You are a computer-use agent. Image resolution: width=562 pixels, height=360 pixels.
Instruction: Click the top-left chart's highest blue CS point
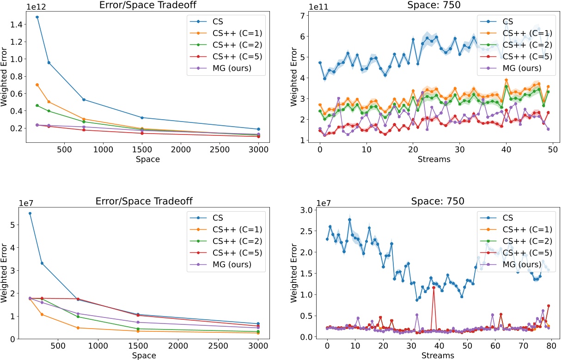37,17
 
